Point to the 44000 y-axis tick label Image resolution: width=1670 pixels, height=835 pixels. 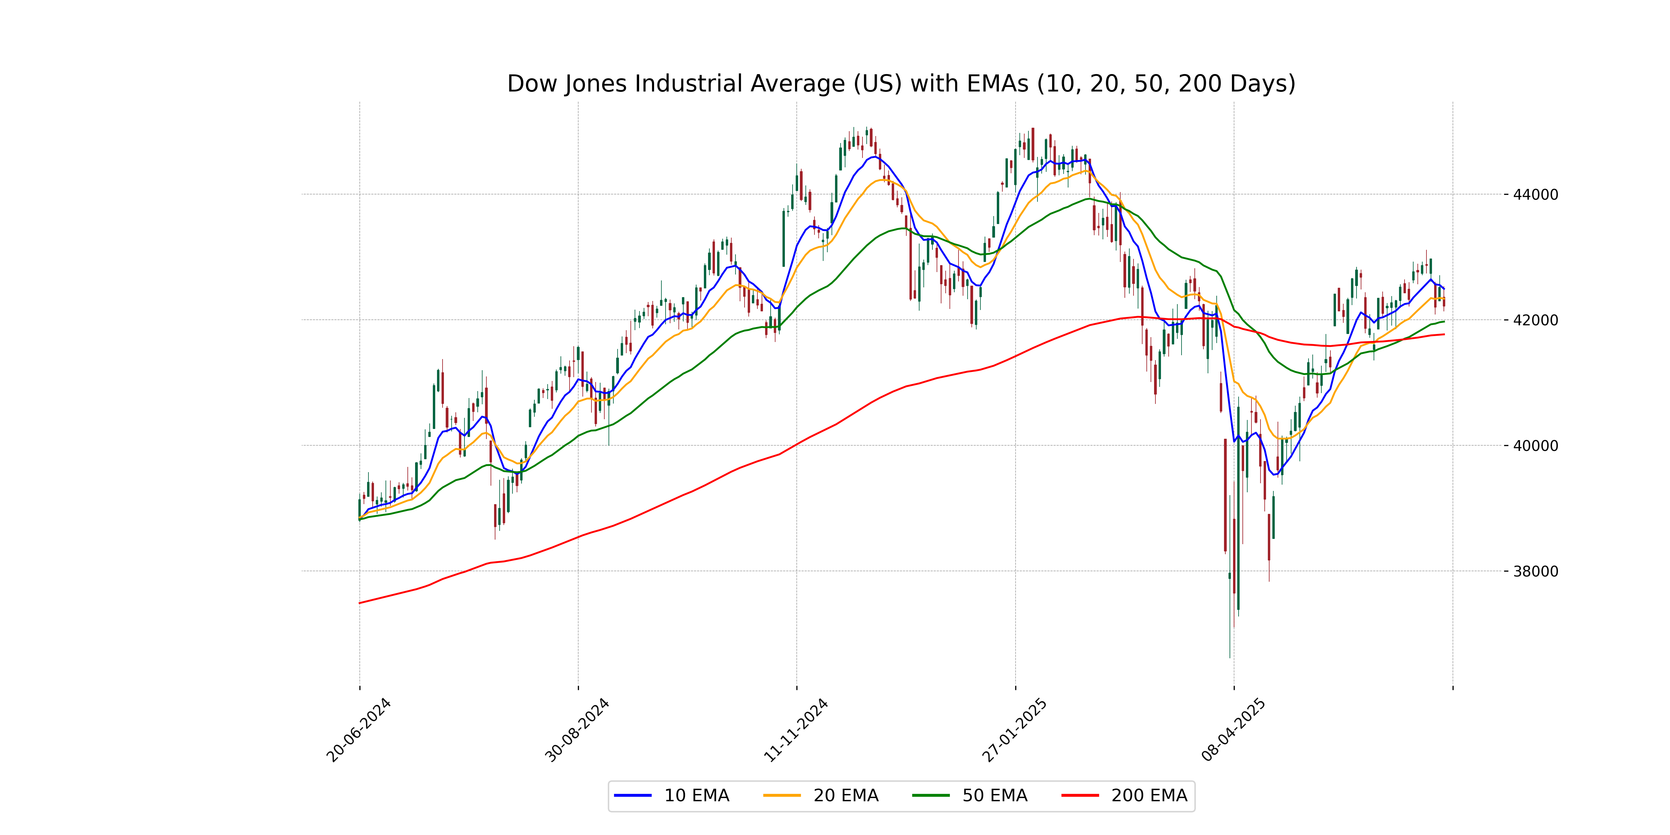[x=1535, y=194]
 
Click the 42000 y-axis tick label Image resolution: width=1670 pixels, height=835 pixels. [x=1535, y=320]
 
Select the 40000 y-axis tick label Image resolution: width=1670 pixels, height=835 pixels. [x=1535, y=446]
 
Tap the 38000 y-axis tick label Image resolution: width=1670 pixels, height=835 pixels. [x=1535, y=572]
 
